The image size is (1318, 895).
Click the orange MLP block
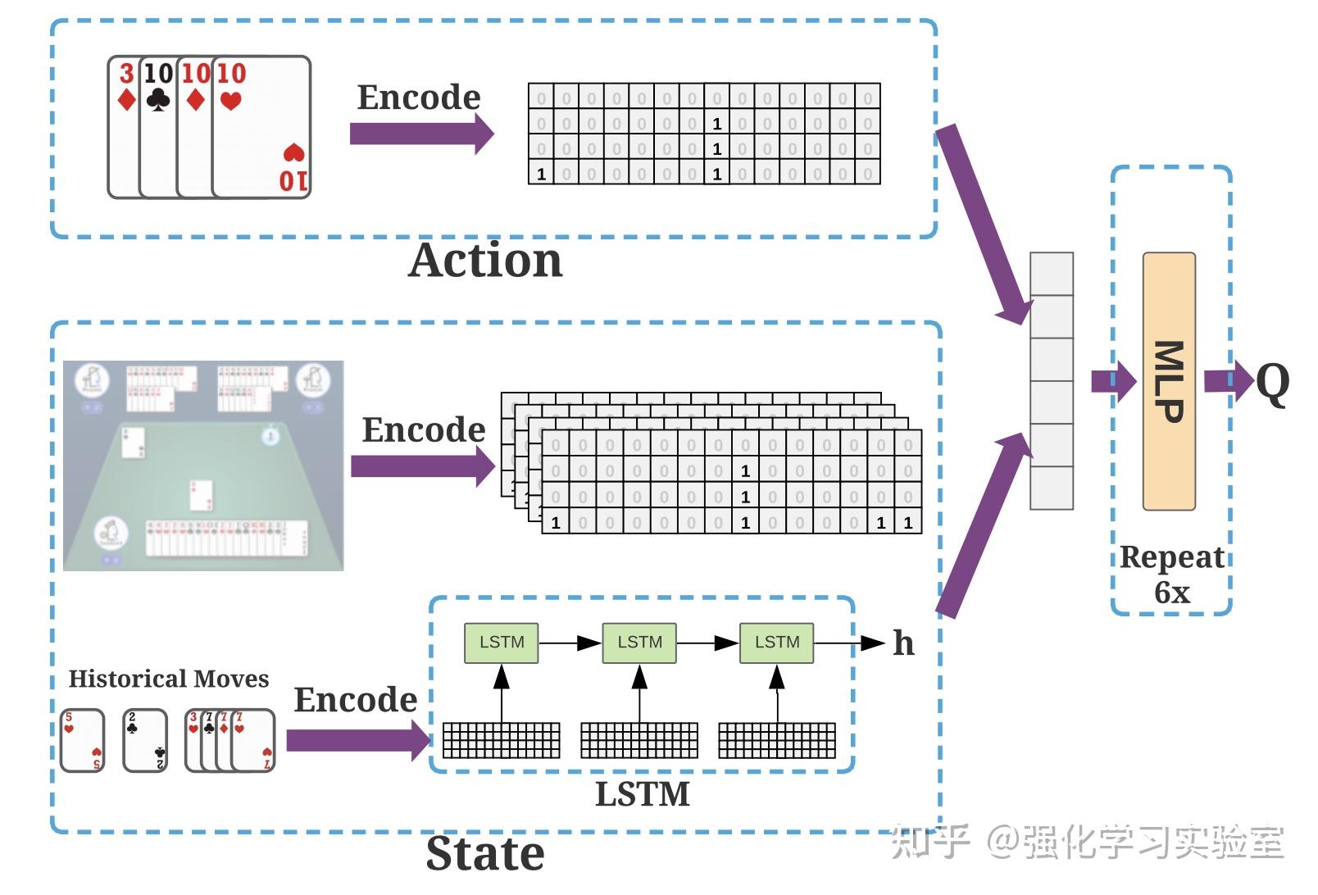pyautogui.click(x=1169, y=381)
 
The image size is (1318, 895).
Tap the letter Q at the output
pyautogui.click(x=1272, y=383)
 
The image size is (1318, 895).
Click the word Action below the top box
pyautogui.click(x=485, y=261)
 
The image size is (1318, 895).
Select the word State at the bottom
pyautogui.click(x=485, y=854)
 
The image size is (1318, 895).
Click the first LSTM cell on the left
pyautogui.click(x=501, y=643)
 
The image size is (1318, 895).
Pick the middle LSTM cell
pyautogui.click(x=639, y=643)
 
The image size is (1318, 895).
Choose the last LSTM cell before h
pyautogui.click(x=776, y=643)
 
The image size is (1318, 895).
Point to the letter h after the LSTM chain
pyautogui.click(x=903, y=643)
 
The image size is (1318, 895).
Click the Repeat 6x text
pyautogui.click(x=1172, y=574)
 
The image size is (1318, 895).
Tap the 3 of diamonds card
pyautogui.click(x=123, y=127)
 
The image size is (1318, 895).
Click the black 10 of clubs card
pyautogui.click(x=157, y=127)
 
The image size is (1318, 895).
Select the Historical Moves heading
pyautogui.click(x=168, y=679)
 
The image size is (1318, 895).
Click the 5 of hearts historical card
pyautogui.click(x=82, y=741)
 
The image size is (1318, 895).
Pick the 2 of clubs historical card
pyautogui.click(x=145, y=741)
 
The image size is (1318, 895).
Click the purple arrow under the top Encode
pyautogui.click(x=420, y=134)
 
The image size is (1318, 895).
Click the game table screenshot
pyautogui.click(x=203, y=466)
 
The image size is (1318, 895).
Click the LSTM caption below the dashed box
pyautogui.click(x=642, y=794)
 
